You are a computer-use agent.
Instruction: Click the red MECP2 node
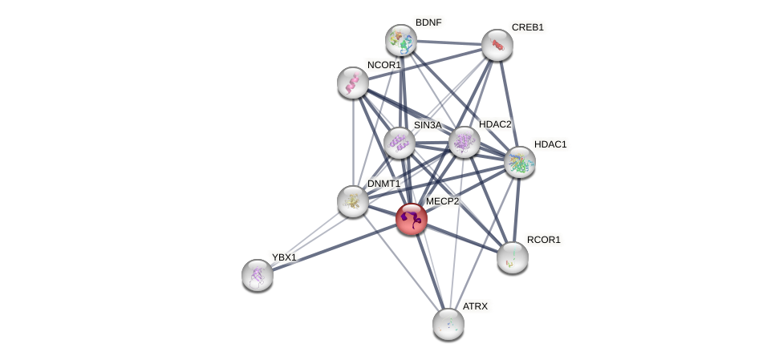[x=412, y=219]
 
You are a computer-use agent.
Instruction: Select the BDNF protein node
[x=400, y=40]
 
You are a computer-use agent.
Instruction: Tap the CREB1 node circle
[x=497, y=45]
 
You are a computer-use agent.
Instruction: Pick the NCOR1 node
[x=353, y=83]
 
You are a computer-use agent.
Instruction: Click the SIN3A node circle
[x=399, y=144]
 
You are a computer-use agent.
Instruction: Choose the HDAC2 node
[x=465, y=142]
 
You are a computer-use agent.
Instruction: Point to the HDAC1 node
[x=520, y=162]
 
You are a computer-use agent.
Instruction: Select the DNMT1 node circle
[x=353, y=201]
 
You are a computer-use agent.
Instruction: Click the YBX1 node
[x=258, y=275]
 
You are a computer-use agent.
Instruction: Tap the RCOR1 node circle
[x=513, y=257]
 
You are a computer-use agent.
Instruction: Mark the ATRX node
[x=448, y=324]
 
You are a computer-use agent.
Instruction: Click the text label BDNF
[x=428, y=22]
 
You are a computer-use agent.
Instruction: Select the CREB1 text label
[x=527, y=27]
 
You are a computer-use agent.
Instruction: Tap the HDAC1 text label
[x=550, y=144]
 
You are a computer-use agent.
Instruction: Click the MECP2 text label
[x=442, y=201]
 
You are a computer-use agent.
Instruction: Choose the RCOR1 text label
[x=543, y=240]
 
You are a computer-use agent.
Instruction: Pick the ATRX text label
[x=475, y=306]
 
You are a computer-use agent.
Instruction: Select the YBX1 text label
[x=284, y=257]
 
